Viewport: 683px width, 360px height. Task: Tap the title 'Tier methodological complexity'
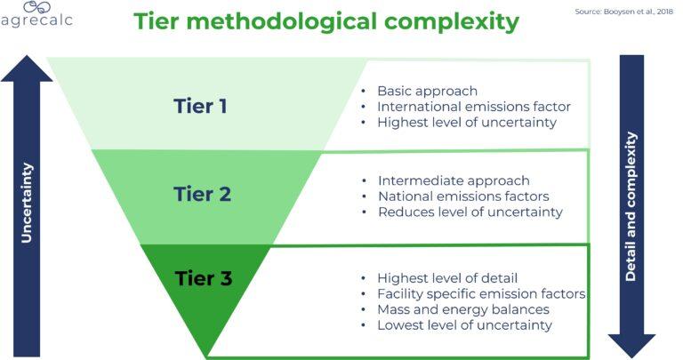click(326, 22)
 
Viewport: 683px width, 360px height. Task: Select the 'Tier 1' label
click(200, 106)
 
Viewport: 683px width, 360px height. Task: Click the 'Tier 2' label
click(203, 193)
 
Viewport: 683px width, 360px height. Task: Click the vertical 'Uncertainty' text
click(27, 203)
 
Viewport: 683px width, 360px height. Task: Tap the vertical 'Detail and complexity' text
click(631, 206)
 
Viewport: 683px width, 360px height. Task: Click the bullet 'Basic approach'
click(427, 91)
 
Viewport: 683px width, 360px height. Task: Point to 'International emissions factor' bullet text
click(473, 107)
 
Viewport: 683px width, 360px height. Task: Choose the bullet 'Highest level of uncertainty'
click(467, 123)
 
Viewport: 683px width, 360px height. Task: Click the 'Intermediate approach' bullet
click(454, 180)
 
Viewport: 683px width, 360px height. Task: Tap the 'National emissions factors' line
click(462, 196)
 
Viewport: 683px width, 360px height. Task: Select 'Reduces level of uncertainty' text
click(470, 212)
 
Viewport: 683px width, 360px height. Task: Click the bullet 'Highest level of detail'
click(447, 278)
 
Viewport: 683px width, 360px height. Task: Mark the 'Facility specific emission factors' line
click(480, 294)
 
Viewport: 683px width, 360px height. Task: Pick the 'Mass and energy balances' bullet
click(462, 309)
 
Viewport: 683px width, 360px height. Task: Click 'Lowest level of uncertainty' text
click(464, 325)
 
